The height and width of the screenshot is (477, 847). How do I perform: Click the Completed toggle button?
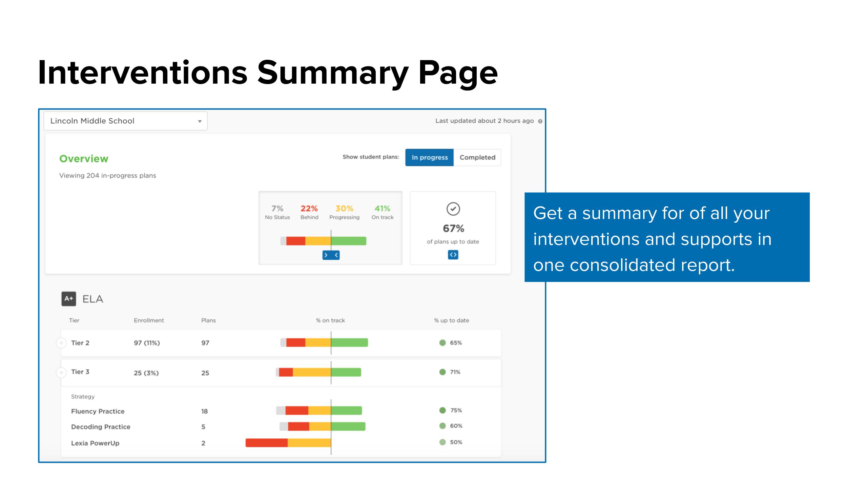point(477,157)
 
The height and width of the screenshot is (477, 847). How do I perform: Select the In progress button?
point(430,157)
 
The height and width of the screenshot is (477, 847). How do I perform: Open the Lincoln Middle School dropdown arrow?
point(200,121)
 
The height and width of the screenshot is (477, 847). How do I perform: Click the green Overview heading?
point(84,159)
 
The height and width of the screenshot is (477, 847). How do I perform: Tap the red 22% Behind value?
point(309,208)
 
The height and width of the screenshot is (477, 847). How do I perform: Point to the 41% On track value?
point(382,208)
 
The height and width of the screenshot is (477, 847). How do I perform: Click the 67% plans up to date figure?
point(453,228)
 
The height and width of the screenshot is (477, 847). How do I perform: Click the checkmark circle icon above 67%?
point(453,209)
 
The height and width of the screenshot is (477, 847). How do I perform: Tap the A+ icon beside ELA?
point(69,299)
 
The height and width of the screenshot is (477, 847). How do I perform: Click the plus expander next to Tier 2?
point(61,343)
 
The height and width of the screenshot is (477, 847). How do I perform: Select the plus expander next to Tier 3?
point(61,373)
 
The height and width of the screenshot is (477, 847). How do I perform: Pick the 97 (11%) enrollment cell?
point(147,343)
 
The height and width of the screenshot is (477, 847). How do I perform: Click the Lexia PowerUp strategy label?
point(95,443)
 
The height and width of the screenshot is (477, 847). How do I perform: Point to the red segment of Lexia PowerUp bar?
point(267,443)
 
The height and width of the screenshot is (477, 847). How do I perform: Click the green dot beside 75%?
point(442,410)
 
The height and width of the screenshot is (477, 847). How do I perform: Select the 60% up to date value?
point(456,426)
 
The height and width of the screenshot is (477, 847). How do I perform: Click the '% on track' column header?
point(330,320)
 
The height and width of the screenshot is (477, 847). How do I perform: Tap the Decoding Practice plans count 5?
point(203,427)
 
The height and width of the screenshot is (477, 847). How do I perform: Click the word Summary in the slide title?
point(333,73)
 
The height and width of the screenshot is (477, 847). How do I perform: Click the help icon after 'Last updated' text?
point(540,121)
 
